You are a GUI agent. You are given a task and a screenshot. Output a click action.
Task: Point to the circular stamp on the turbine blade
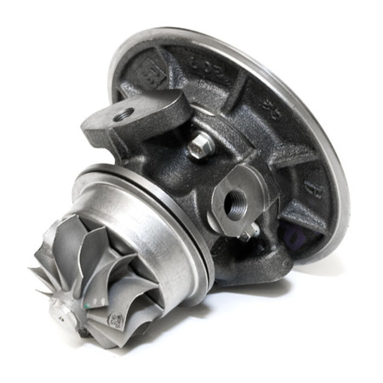[x=115, y=319]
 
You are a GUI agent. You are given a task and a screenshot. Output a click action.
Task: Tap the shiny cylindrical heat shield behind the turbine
[x=144, y=225]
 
